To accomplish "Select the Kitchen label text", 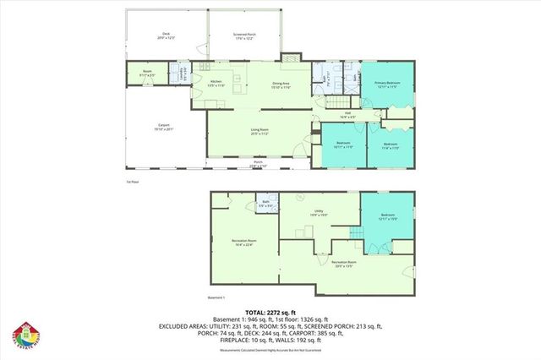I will point(215,83).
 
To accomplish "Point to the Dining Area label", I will point(281,85).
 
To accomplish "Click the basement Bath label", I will point(265,204).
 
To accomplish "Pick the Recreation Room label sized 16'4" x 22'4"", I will point(245,243).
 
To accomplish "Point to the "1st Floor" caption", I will point(131,182).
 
